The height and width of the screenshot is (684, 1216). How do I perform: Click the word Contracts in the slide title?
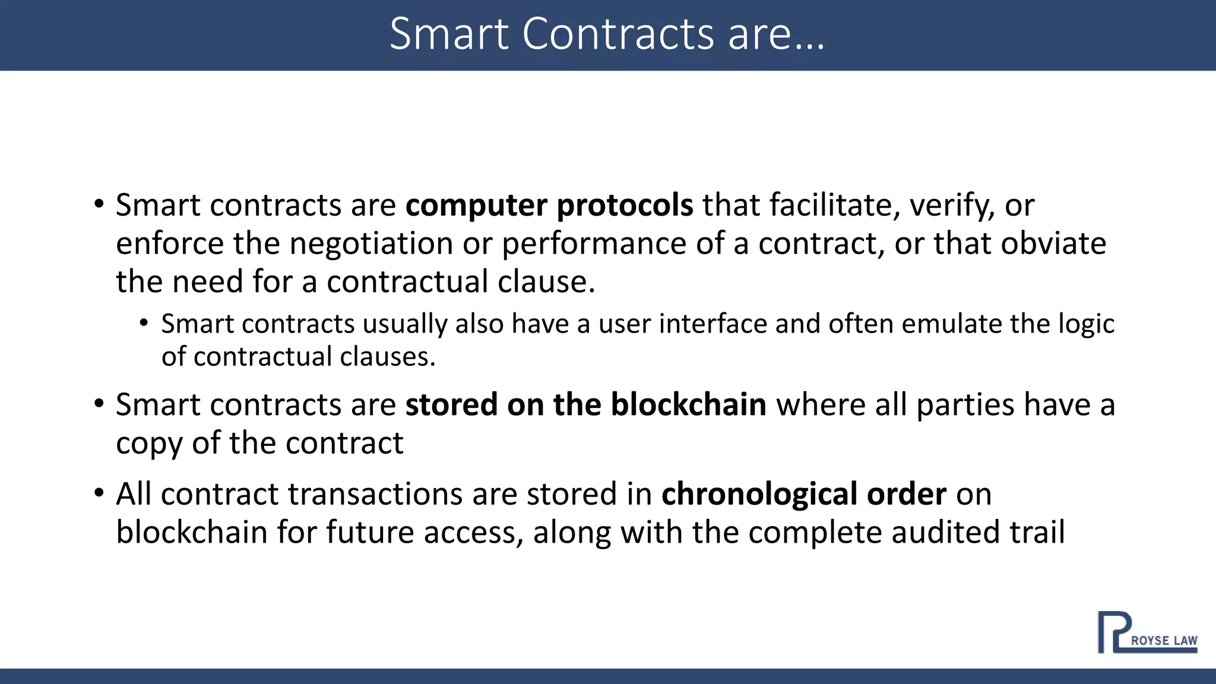pyautogui.click(x=618, y=34)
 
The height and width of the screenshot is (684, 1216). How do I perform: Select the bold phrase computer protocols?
pyautogui.click(x=549, y=205)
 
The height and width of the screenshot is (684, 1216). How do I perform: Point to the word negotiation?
pyautogui.click(x=372, y=244)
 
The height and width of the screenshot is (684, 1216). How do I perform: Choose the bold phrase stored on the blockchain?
pyautogui.click(x=585, y=405)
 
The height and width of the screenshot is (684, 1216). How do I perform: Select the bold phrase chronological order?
pyautogui.click(x=803, y=495)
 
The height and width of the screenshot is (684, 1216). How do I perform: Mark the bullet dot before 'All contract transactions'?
pyautogui.click(x=99, y=493)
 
